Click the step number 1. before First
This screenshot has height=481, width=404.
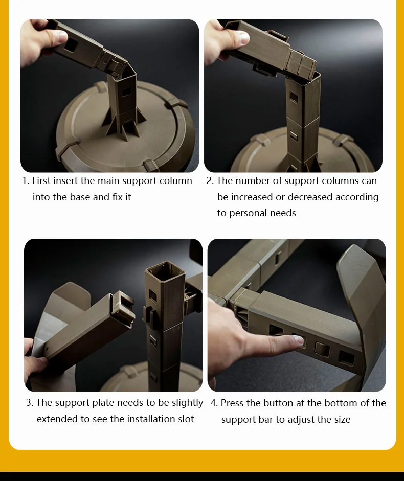click(26, 181)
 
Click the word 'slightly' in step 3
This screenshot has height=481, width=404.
click(187, 403)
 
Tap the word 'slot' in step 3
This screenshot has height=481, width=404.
click(186, 419)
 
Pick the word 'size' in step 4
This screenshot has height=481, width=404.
click(342, 419)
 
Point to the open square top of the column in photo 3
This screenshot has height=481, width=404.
click(166, 270)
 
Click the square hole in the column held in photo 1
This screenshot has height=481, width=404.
click(71, 45)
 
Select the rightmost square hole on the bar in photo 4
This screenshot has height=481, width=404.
click(346, 358)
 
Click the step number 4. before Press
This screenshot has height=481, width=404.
click(214, 403)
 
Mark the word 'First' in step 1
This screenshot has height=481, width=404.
click(41, 181)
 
